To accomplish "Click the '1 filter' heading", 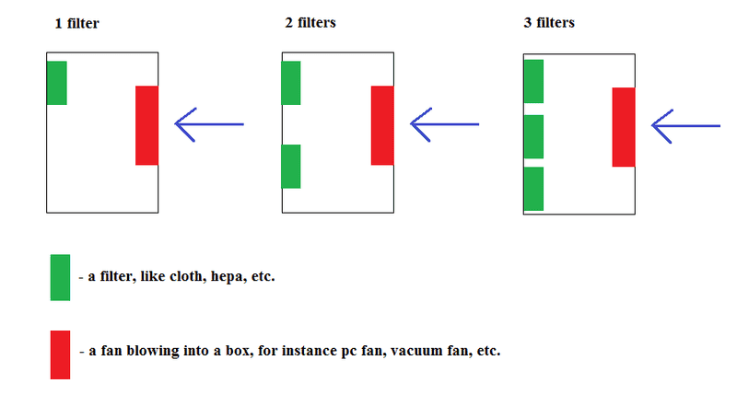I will [76, 23].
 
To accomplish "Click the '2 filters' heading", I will [310, 22].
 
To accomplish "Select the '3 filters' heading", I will [548, 22].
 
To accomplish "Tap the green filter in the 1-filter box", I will [56, 83].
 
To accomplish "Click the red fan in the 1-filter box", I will [146, 125].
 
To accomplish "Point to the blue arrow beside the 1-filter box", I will [209, 124].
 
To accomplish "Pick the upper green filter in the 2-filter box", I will [291, 83].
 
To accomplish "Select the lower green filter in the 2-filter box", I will [291, 167].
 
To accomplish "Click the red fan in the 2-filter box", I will [382, 125].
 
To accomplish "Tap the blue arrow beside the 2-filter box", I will [445, 124].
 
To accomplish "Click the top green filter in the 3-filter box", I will [533, 81].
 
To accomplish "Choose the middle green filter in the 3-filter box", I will [533, 136].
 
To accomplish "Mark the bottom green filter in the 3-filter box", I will [533, 189].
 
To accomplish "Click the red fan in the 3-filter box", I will [624, 127].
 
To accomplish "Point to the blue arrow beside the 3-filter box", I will [685, 125].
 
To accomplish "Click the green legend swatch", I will [60, 277].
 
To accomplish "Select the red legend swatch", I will [60, 354].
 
